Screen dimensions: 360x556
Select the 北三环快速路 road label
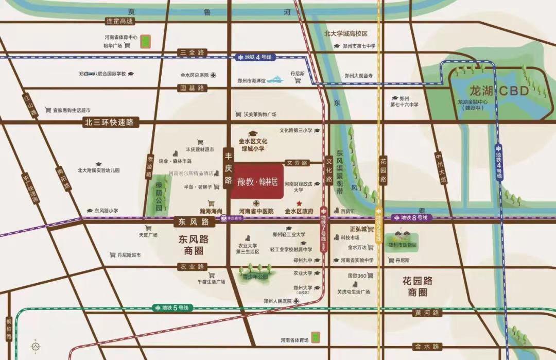click(109, 122)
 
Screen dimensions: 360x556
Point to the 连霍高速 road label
click(119, 21)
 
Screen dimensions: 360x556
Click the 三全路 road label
click(192, 53)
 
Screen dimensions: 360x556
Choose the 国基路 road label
click(192, 88)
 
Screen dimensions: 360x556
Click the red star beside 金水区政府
click(299, 203)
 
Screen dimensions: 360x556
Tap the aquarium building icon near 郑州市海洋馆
click(276, 80)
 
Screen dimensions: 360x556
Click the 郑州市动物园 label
click(403, 245)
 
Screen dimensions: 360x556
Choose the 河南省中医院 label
click(256, 211)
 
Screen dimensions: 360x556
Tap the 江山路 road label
click(31, 105)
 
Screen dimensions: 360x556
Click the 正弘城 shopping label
click(358, 229)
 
